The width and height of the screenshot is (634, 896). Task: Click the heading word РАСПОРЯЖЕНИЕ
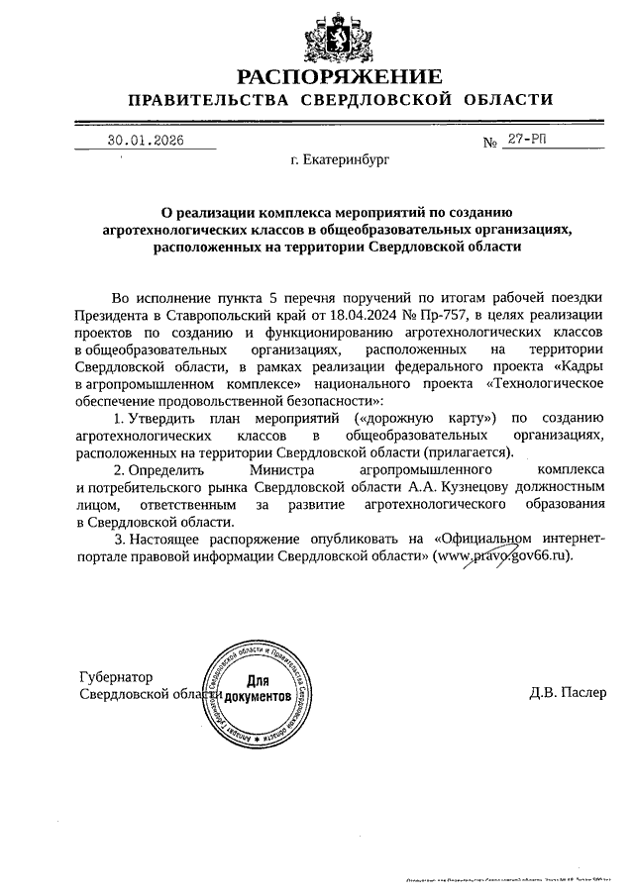[337, 76]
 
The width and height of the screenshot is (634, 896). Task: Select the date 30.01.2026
[146, 141]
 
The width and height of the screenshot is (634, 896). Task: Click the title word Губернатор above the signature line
[116, 677]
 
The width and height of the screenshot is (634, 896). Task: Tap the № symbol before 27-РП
[489, 143]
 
